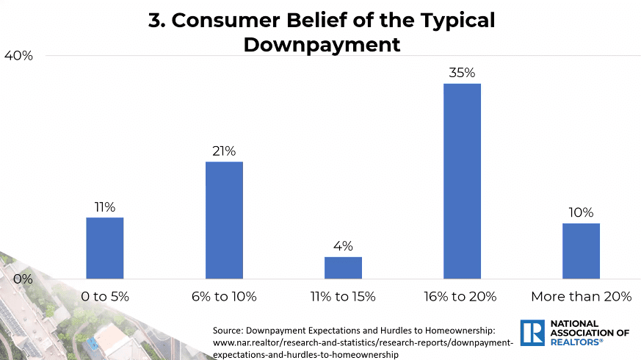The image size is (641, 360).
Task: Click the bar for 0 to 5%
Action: coord(104,248)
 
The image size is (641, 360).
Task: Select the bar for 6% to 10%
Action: coord(224,220)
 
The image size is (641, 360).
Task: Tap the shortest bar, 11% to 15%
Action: coord(343,267)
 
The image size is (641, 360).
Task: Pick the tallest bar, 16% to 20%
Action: coord(462,181)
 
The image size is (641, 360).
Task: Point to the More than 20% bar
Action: coord(581,251)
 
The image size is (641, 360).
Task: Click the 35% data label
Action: coord(463,73)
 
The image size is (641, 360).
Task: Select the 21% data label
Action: coord(224,151)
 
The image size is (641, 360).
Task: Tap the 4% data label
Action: coord(343,246)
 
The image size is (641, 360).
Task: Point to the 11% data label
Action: coord(104,207)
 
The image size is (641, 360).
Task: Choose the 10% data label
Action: coord(581,213)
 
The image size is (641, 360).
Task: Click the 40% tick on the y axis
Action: coord(18,56)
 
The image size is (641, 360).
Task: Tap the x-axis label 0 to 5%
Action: coord(104,297)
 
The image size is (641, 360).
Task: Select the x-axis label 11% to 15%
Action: coord(343,297)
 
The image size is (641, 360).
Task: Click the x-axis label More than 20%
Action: coord(581,297)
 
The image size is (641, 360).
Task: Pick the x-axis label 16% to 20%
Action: coord(462,297)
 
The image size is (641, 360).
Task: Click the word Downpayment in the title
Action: coord(322,44)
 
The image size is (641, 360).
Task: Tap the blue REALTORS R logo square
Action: coord(531,332)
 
